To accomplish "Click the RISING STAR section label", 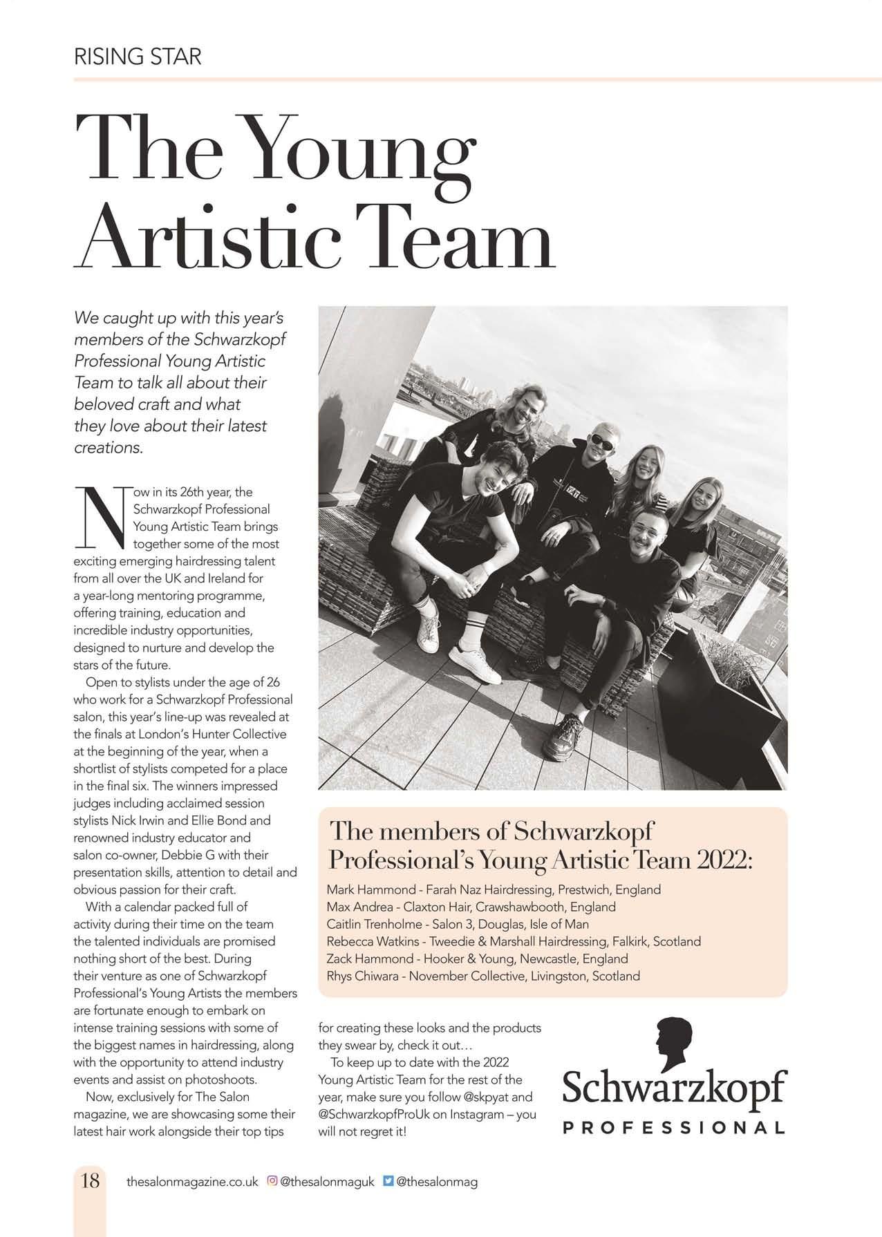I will pyautogui.click(x=137, y=56).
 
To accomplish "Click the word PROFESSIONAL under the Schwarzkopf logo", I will pyautogui.click(x=674, y=1128).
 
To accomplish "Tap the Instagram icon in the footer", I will pyautogui.click(x=272, y=1181).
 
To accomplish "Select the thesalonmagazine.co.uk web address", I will pyautogui.click(x=192, y=1182).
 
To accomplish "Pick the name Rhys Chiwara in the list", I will pyautogui.click(x=364, y=976).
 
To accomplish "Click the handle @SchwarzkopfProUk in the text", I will pyautogui.click(x=372, y=1114).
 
